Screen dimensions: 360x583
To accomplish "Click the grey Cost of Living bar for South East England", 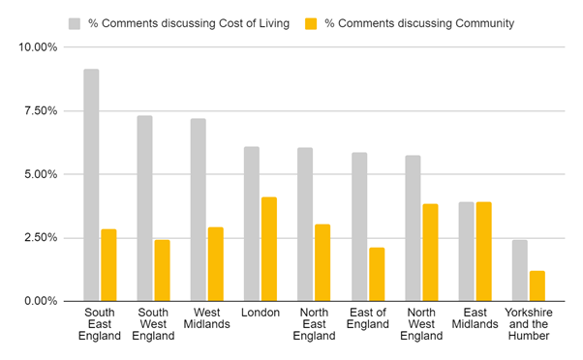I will (91, 185).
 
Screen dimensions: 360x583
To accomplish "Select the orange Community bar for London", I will (269, 249).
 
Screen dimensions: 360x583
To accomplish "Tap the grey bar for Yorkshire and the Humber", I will (520, 270).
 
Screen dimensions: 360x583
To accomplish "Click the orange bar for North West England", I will (430, 253).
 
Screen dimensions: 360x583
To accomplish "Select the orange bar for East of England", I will (376, 274).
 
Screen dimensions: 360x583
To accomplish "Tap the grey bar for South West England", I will (144, 208).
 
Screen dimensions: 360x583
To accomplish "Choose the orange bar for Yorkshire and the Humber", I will (537, 285).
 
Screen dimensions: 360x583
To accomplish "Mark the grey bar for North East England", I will (305, 225).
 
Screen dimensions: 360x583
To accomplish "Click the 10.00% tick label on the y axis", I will (38, 47).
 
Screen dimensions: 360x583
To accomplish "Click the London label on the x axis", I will (261, 313).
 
